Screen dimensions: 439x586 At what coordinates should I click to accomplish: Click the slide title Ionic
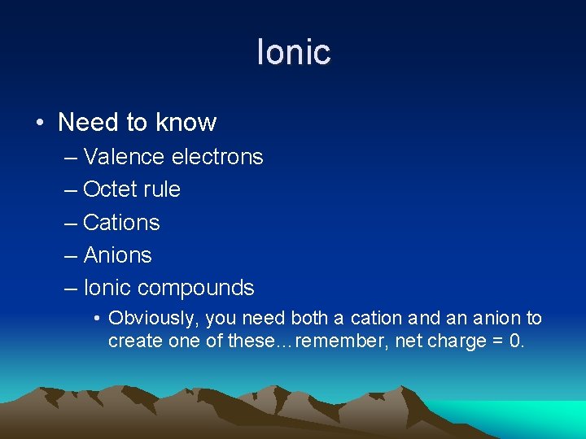(x=293, y=52)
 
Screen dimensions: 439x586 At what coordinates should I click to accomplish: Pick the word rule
(x=161, y=189)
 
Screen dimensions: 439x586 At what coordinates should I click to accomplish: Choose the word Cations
(x=121, y=223)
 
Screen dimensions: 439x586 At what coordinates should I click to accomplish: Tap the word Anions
(x=117, y=255)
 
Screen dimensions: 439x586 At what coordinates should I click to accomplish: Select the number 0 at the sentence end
(x=515, y=340)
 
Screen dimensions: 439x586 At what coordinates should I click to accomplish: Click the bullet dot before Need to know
(x=40, y=124)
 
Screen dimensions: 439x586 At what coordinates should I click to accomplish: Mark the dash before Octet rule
(x=71, y=190)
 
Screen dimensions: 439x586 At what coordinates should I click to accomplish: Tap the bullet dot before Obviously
(x=97, y=319)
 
